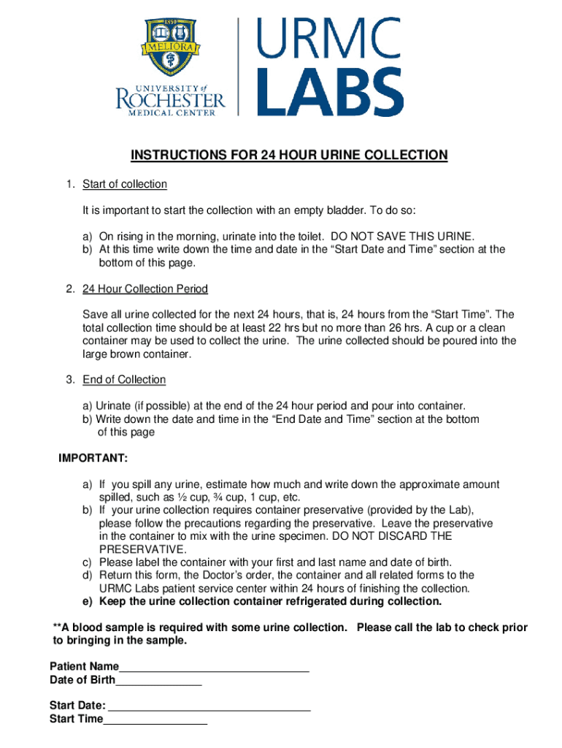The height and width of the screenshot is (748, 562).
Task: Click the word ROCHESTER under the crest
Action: pyautogui.click(x=171, y=99)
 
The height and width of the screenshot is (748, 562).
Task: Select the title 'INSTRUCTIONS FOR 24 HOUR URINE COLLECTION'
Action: pyautogui.click(x=288, y=156)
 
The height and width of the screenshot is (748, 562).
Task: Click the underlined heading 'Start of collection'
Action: pyautogui.click(x=125, y=184)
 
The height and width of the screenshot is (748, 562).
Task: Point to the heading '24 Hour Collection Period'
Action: pyautogui.click(x=145, y=289)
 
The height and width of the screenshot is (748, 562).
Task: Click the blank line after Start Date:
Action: pyautogui.click(x=209, y=707)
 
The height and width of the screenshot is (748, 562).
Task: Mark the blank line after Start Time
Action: pyautogui.click(x=155, y=721)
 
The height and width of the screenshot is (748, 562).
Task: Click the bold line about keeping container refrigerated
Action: pyautogui.click(x=262, y=602)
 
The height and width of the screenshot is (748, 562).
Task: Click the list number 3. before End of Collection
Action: pyautogui.click(x=70, y=380)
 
